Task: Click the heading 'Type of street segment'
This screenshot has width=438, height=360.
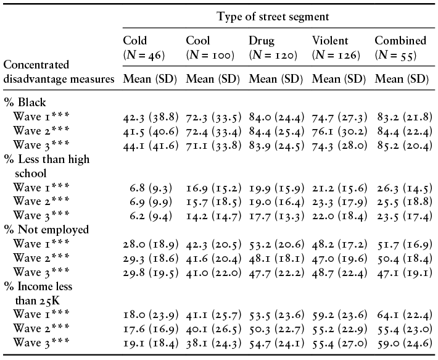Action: [x=273, y=17]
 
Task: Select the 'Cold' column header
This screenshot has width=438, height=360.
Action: [x=135, y=41]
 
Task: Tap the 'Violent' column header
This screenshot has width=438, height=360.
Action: [x=330, y=41]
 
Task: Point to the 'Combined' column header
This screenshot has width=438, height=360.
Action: [x=400, y=41]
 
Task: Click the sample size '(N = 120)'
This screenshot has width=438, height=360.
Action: [x=273, y=55]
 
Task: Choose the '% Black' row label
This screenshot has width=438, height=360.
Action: [x=25, y=103]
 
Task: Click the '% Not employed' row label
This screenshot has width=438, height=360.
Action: [x=46, y=230]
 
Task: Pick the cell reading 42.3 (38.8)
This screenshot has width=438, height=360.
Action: [x=151, y=117]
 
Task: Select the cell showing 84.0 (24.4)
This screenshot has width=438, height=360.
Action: [x=276, y=117]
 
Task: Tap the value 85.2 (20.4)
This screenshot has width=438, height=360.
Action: [x=405, y=145]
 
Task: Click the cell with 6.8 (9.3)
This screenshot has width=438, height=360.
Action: [x=151, y=188]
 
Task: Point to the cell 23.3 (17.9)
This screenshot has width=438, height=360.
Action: [x=339, y=202]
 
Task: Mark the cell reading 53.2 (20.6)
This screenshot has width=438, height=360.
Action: [x=276, y=245]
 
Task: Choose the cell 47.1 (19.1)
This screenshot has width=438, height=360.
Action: [x=405, y=273]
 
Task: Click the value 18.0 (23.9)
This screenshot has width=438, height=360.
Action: [x=151, y=315]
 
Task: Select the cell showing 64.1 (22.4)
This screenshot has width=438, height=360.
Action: [x=405, y=315]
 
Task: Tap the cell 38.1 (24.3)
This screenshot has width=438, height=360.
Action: [x=213, y=343]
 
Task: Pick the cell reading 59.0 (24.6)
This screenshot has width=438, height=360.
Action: [x=405, y=343]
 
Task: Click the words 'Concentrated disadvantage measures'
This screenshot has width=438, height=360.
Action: [x=59, y=72]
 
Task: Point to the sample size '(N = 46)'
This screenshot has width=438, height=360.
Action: [x=144, y=55]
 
